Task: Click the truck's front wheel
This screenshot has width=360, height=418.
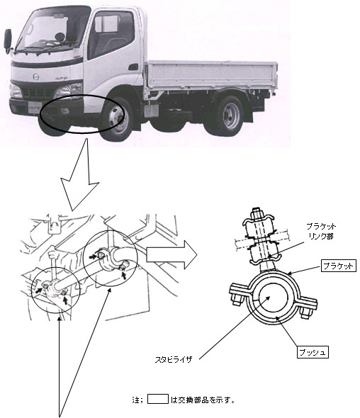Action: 118,118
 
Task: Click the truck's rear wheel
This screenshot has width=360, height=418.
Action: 230,115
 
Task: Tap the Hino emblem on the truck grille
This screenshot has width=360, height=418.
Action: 35,77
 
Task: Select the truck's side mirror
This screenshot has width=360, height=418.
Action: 8,41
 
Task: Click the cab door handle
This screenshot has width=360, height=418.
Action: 133,67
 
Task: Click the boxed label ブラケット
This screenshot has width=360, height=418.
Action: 339,266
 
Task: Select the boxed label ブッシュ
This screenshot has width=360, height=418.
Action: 313,352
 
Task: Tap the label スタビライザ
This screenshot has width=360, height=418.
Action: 174,359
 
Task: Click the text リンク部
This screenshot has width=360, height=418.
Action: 321,236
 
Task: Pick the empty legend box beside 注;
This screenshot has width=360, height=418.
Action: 157,399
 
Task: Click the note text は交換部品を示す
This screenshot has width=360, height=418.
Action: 203,400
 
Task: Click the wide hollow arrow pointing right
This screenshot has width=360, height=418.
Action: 172,254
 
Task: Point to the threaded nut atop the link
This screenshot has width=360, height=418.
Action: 257,213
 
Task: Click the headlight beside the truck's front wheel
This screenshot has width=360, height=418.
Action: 69,91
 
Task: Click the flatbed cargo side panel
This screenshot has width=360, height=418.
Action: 211,74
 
